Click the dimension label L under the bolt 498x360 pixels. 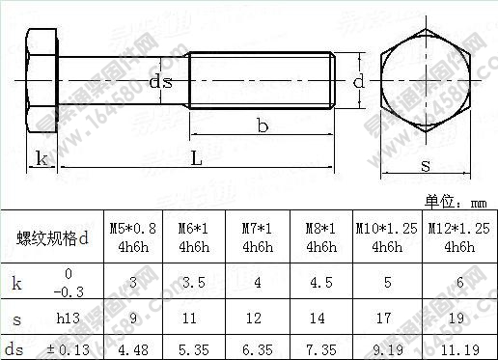pos(196,160)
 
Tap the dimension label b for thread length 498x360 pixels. pos(262,125)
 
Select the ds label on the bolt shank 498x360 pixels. pos(161,83)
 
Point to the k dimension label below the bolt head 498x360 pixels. pos(40,157)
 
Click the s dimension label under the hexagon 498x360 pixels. pos(426,165)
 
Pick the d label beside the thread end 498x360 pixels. pos(358,83)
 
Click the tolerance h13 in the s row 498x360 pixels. pos(67,316)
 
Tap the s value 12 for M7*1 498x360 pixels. pos(256,316)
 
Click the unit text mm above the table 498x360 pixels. pos(480,202)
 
